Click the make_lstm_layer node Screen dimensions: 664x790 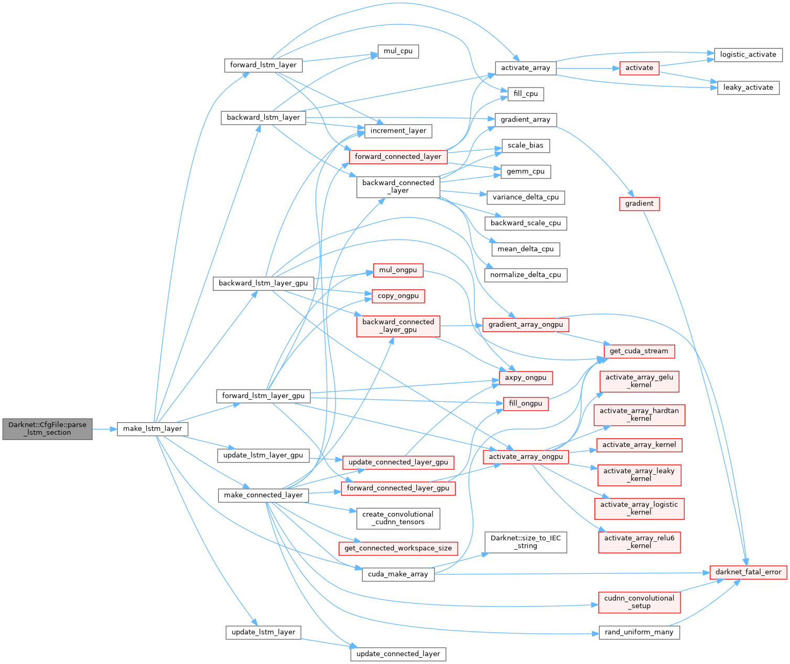(x=152, y=429)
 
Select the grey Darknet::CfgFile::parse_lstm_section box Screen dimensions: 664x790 (x=47, y=429)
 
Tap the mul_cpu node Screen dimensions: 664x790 (x=398, y=51)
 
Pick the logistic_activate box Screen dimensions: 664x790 (x=748, y=55)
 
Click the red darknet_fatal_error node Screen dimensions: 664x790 (x=748, y=572)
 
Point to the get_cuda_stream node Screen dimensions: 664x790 (x=639, y=351)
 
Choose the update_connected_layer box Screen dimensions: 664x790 (x=398, y=654)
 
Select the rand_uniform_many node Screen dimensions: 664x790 (x=639, y=633)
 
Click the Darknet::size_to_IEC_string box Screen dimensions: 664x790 (x=525, y=542)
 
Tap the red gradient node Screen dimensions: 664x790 (x=639, y=204)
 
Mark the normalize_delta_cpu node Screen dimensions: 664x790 (x=525, y=275)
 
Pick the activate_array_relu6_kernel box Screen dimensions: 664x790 (x=639, y=542)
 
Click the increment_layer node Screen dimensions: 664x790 (x=398, y=131)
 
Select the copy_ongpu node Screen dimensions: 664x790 (x=398, y=296)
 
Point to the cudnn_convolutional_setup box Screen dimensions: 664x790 (x=639, y=602)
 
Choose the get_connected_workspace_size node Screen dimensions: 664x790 (x=398, y=548)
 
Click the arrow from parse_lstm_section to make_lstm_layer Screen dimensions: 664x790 (x=104, y=429)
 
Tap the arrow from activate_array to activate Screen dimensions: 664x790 (x=588, y=68)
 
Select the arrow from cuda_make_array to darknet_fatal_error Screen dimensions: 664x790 (x=571, y=573)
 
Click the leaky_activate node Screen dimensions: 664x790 (x=748, y=88)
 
